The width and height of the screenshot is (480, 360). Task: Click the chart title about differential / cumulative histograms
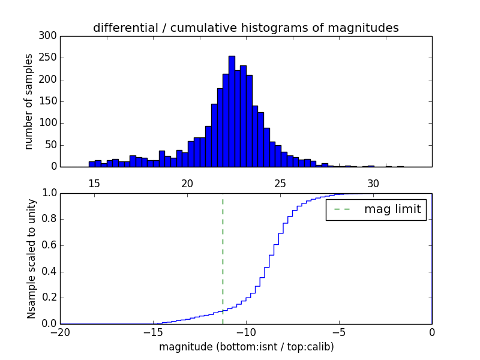(245, 28)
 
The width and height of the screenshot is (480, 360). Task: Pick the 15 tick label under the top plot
(94, 184)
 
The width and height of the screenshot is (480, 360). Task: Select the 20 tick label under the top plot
(187, 184)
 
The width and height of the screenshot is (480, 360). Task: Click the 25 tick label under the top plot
(280, 184)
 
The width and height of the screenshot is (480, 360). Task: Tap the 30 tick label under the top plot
(373, 184)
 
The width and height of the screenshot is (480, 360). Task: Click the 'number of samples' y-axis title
(29, 101)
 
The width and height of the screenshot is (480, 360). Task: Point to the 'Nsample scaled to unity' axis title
(31, 259)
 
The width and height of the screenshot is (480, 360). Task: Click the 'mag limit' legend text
(392, 209)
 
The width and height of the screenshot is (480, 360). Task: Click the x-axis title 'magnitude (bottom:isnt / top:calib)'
(246, 347)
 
